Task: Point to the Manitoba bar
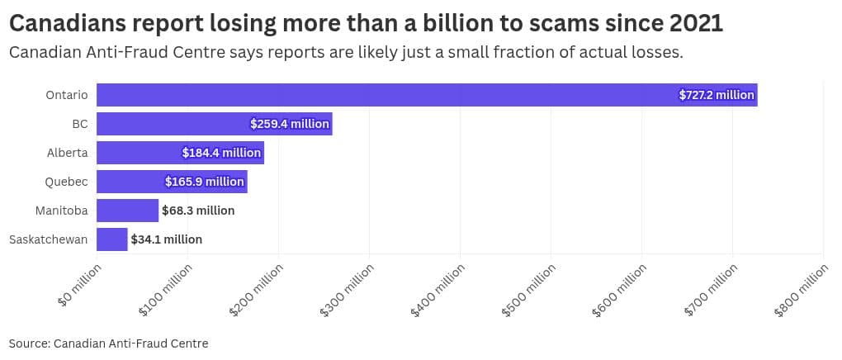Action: pyautogui.click(x=127, y=211)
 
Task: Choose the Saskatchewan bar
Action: pyautogui.click(x=112, y=239)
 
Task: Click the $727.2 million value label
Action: pyautogui.click(x=717, y=95)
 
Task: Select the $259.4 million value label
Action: pyautogui.click(x=291, y=124)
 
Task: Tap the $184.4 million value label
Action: pyautogui.click(x=222, y=153)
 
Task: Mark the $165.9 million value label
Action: pyautogui.click(x=205, y=182)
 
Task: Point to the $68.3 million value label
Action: pyautogui.click(x=198, y=211)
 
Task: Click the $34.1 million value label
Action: pyautogui.click(x=166, y=239)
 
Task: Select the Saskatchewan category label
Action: pyautogui.click(x=48, y=239)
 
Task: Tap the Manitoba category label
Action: pyautogui.click(x=61, y=211)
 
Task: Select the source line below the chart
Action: pyautogui.click(x=108, y=343)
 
